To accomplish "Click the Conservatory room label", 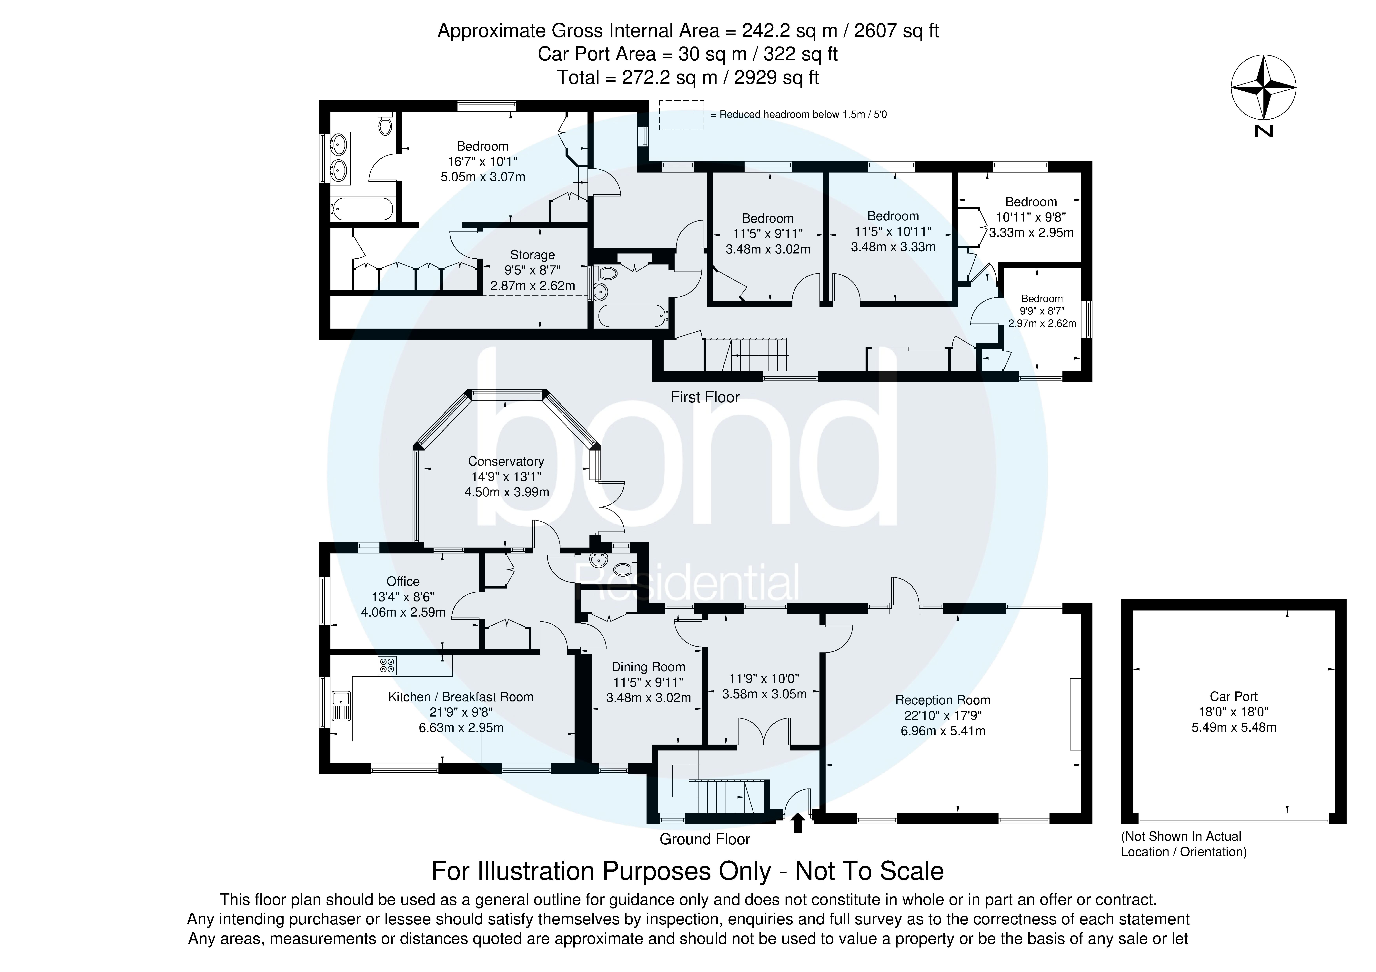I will (506, 461).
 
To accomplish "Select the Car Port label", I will (1233, 696).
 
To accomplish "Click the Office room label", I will (403, 581).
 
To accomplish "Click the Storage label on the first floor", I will (532, 255).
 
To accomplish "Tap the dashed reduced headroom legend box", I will (681, 115).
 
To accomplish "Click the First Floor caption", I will (705, 397).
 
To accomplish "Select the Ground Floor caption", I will (705, 839).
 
